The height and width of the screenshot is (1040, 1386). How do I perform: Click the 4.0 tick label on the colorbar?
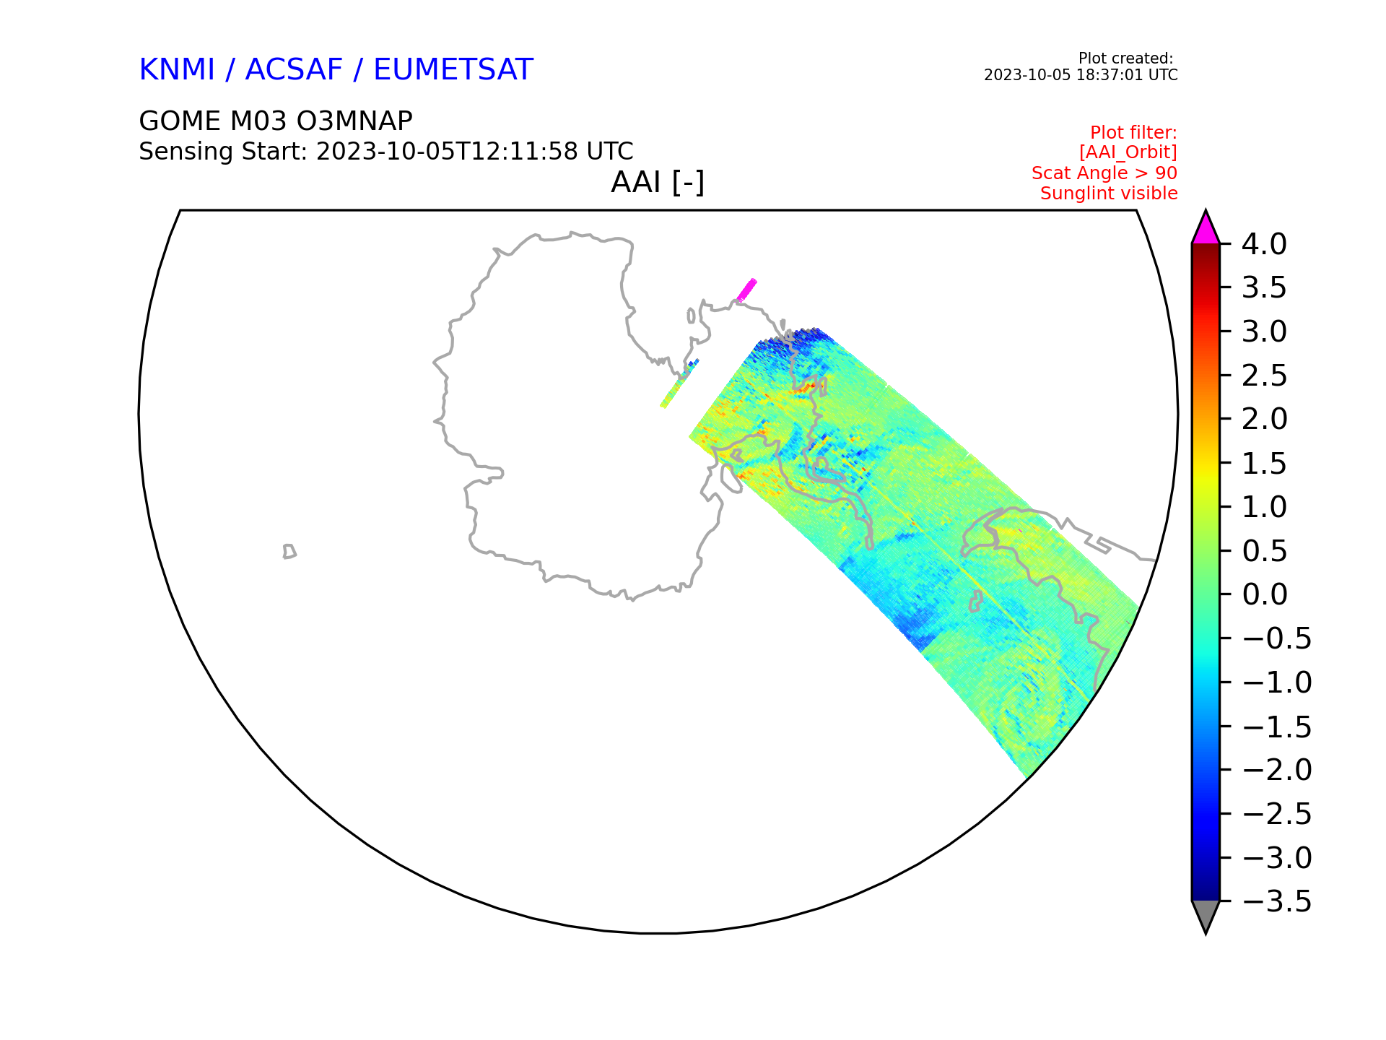point(1264,244)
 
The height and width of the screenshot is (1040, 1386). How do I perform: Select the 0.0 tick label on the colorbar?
point(1264,594)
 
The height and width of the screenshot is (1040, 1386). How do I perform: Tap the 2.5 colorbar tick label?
point(1264,376)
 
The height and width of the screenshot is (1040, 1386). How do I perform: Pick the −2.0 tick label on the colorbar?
point(1277,770)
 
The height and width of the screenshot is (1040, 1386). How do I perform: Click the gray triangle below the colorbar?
point(1206,916)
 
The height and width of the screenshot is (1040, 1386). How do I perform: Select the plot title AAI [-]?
point(658,182)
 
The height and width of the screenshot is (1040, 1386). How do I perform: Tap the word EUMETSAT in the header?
point(453,69)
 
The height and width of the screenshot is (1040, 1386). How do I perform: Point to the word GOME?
point(180,121)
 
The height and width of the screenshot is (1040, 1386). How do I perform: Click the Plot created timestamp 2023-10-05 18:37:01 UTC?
point(1081,75)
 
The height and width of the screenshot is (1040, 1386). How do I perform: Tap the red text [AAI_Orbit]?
point(1128,152)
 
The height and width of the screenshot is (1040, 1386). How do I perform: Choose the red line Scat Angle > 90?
point(1104,173)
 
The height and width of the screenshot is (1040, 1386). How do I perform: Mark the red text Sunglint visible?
point(1109,194)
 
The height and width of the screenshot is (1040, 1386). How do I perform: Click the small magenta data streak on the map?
point(746,290)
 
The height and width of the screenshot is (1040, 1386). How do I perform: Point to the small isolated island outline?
point(289,552)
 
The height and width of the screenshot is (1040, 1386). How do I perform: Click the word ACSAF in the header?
point(294,69)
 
